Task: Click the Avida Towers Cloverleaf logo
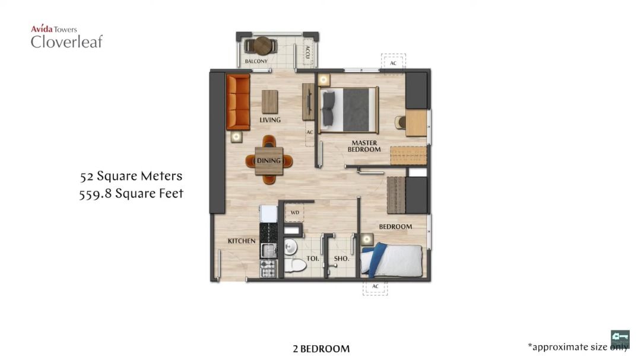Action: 66,37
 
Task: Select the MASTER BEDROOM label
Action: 364,146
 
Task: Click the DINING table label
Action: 269,161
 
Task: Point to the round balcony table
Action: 263,45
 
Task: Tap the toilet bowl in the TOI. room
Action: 293,262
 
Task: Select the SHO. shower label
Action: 341,259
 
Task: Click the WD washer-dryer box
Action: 294,212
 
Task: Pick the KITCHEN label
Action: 242,241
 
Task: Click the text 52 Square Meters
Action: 131,176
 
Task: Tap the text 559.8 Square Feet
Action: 131,193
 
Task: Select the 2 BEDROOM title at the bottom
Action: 321,349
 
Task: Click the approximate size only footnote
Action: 577,347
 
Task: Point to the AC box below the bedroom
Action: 375,287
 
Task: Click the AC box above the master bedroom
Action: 393,62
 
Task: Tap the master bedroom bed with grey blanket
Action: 348,110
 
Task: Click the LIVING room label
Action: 270,120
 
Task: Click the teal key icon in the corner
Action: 620,337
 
